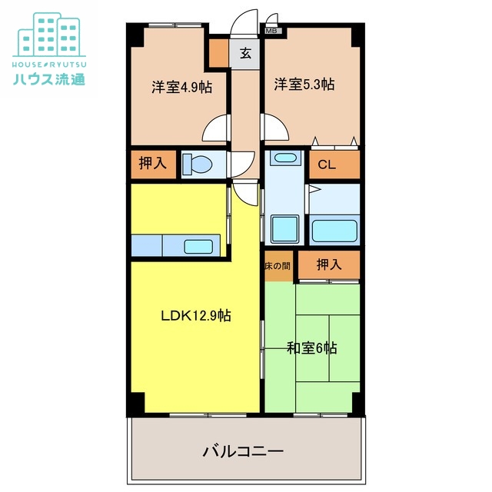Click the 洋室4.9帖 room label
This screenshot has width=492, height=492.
(181, 87)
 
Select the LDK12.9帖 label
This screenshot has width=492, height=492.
(196, 314)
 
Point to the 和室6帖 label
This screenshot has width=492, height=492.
(312, 347)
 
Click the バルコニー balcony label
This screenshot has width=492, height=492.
(244, 450)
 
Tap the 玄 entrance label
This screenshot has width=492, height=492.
(245, 54)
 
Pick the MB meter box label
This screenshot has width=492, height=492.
(272, 32)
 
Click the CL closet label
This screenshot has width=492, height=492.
(326, 164)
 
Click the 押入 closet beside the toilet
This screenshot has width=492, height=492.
(151, 164)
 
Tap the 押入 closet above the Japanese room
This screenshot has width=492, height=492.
(328, 265)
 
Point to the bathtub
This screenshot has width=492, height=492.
(334, 231)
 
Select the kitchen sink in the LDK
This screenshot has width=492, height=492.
(199, 247)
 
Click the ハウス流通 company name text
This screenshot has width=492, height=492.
(49, 78)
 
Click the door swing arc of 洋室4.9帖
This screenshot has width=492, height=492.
(218, 127)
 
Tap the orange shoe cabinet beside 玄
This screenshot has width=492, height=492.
(219, 54)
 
